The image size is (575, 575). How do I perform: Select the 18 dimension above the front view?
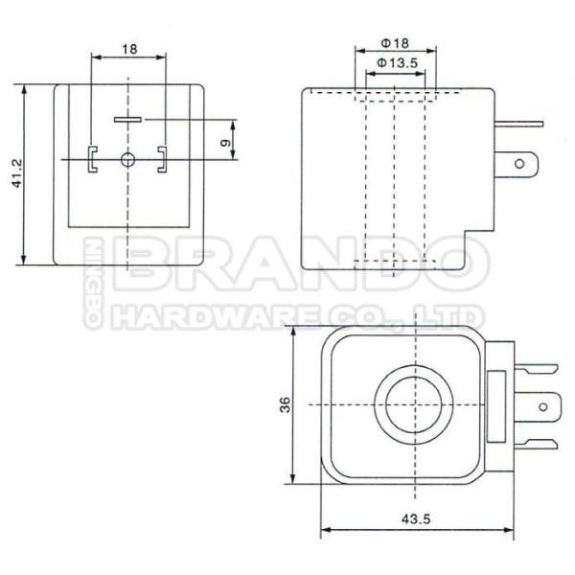point(129,46)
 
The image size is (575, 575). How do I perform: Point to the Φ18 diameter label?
point(395,43)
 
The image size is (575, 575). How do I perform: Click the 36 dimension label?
point(284,405)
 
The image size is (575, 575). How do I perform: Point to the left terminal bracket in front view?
point(92,158)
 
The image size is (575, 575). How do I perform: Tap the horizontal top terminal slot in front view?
point(127,120)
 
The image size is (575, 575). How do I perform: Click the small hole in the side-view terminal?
point(520,165)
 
